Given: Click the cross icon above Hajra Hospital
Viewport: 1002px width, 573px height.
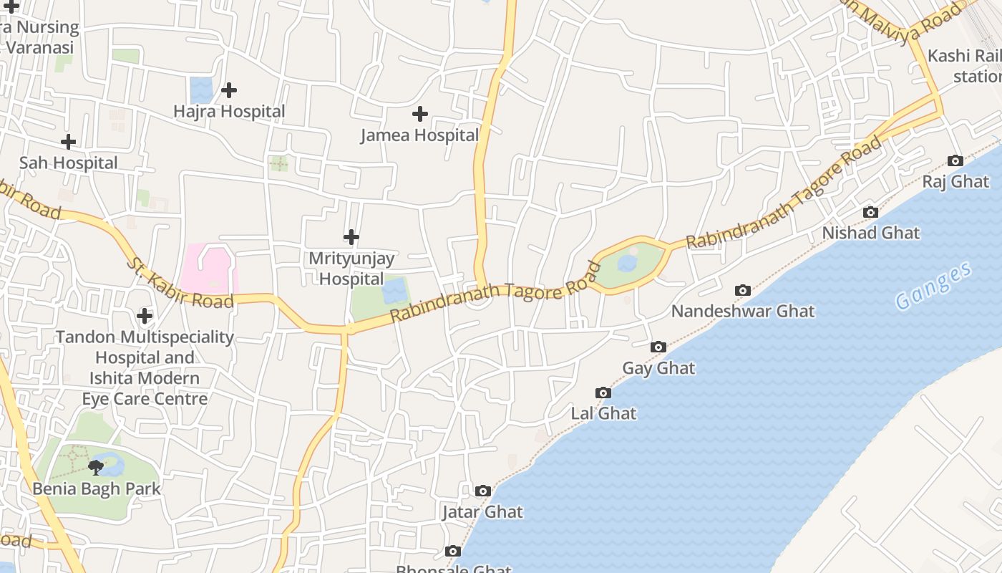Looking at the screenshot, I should tap(229, 90).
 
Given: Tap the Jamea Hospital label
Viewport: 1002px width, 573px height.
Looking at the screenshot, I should tap(419, 135).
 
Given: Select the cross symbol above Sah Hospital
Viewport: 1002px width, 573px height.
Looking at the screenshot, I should tap(68, 142).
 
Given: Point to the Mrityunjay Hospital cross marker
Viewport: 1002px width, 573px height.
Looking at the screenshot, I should tap(351, 237).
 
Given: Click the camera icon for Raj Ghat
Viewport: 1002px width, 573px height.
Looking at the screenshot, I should tap(955, 160).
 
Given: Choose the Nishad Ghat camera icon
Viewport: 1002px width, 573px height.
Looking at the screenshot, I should tap(870, 212).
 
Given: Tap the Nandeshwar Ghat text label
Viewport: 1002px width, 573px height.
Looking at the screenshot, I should tap(742, 312).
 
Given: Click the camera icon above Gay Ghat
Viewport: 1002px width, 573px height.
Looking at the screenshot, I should tap(658, 347).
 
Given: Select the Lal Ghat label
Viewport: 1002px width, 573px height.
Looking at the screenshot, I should tap(603, 413).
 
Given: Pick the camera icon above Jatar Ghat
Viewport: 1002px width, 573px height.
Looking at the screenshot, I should tap(483, 491).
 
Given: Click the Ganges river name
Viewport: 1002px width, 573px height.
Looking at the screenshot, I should tap(934, 286).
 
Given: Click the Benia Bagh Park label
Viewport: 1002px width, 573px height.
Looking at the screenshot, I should tap(96, 489).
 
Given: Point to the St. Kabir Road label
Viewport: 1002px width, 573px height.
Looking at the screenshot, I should tap(180, 284).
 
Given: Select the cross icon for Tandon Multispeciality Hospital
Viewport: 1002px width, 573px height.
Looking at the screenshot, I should tap(145, 316).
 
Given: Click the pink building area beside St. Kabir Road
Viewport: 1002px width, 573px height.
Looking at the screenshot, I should tap(208, 269).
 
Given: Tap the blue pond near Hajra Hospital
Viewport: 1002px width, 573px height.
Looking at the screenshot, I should tap(201, 90).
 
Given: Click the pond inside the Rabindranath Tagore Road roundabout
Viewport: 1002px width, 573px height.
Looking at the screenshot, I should tap(627, 264).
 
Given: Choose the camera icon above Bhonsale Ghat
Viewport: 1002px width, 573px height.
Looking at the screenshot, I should tap(452, 552).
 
